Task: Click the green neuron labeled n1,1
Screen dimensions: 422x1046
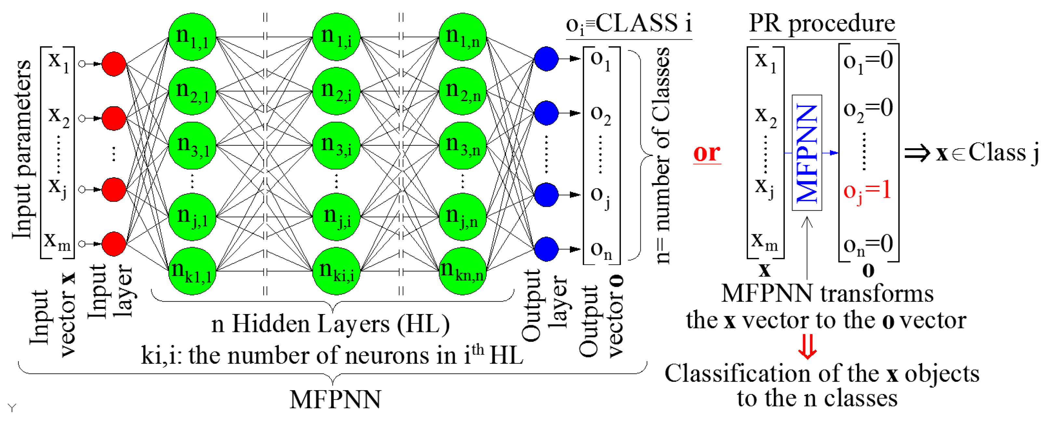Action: (x=192, y=37)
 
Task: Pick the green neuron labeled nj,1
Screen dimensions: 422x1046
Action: (x=192, y=217)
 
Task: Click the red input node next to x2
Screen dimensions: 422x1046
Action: (x=114, y=118)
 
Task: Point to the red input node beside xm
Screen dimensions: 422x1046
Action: (x=114, y=244)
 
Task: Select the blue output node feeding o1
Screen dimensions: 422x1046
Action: (x=546, y=59)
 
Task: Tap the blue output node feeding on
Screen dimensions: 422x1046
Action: (x=546, y=249)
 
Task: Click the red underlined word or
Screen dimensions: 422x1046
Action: (x=707, y=153)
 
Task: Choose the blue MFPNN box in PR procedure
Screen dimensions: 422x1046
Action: (x=807, y=153)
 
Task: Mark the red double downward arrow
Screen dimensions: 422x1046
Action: (x=807, y=347)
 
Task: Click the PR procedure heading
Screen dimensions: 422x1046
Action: (x=822, y=23)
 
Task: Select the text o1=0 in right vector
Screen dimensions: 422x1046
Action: (x=868, y=61)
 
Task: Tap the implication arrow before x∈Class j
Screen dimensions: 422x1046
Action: (x=917, y=153)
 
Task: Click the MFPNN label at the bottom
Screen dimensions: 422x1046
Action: (x=335, y=399)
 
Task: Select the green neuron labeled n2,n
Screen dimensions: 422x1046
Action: (x=463, y=91)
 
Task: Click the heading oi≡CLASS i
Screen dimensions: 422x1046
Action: (x=629, y=23)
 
